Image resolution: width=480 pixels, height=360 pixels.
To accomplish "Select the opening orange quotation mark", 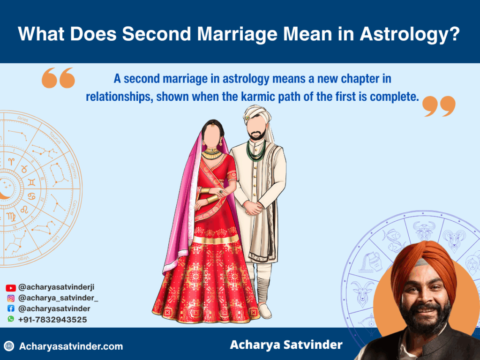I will [58, 78].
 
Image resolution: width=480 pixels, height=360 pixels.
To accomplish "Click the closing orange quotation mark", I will [439, 106].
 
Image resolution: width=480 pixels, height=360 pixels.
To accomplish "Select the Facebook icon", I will [11, 309].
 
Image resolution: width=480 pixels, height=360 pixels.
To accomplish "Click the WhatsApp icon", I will [11, 319].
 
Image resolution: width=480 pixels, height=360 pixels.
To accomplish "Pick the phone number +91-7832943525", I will [52, 320].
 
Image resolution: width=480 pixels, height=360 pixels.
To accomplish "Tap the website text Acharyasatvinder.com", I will [71, 347].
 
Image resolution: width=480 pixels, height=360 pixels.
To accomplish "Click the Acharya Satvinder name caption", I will [286, 345].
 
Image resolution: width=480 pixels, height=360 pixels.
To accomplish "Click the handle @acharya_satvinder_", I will [58, 298].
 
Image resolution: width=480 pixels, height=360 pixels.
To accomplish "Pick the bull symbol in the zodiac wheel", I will [424, 230].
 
